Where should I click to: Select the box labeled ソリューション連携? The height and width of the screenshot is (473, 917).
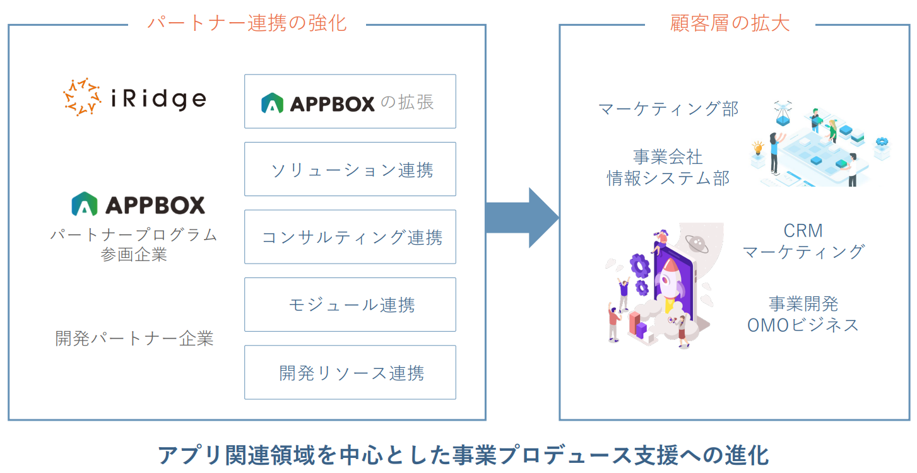[x=350, y=169]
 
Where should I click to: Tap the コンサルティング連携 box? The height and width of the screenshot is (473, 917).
[x=350, y=237]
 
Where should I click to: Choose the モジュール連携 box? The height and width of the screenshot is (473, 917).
[x=350, y=305]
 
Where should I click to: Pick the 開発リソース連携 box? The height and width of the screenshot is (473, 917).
[x=350, y=373]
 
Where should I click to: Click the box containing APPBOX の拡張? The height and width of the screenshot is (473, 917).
[x=350, y=102]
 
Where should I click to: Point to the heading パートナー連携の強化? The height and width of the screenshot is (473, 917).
[x=247, y=23]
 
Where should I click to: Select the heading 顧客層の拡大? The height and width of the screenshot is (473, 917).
[x=730, y=23]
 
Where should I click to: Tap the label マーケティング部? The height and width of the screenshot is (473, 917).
[x=668, y=108]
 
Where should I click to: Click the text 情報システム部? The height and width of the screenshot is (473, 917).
[x=668, y=178]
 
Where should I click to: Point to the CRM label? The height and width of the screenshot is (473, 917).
[x=803, y=231]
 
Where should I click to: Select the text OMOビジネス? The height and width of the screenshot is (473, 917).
[x=803, y=325]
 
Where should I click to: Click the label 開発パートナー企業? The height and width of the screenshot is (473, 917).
[x=134, y=339]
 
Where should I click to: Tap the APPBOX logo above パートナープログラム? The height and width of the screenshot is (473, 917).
[x=138, y=204]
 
